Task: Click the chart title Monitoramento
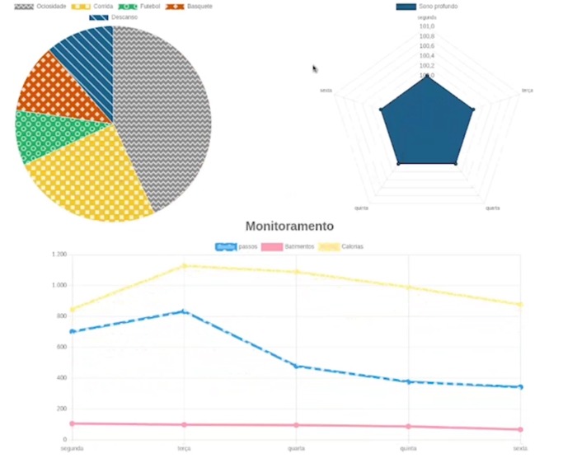coord(289,226)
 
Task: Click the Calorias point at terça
coord(184,265)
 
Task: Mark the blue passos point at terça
coord(184,311)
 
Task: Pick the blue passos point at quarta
coord(296,366)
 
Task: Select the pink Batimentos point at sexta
coord(520,429)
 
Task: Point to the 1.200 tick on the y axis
coord(58,255)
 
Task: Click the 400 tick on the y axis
coord(60,378)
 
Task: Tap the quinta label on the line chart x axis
coord(408,448)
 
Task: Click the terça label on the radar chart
coord(527,91)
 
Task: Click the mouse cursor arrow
coord(315,69)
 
